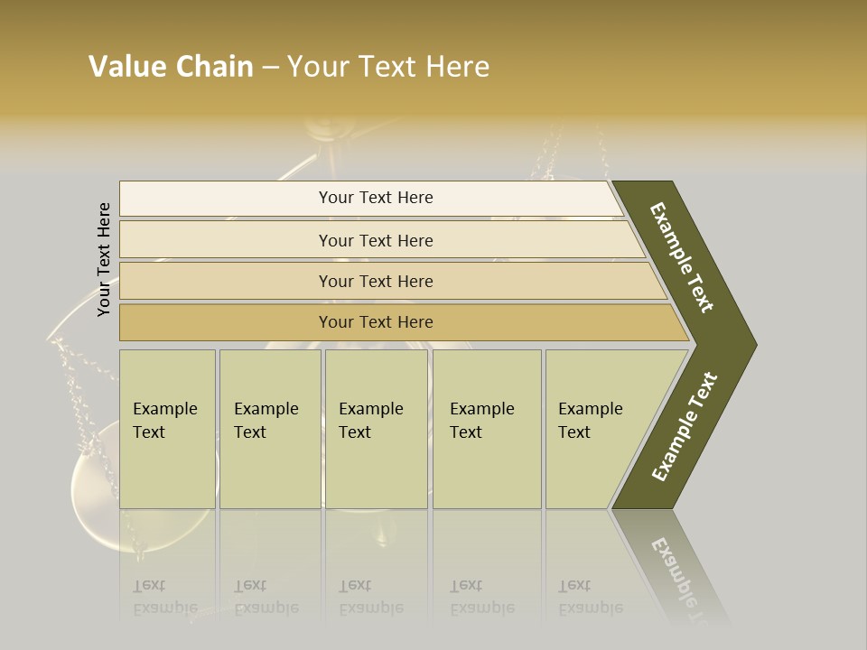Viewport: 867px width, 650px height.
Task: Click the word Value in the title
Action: click(126, 67)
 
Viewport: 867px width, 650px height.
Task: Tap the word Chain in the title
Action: click(215, 67)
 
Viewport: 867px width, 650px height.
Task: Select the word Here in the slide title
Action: click(458, 67)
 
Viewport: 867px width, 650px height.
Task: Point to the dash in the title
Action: click(270, 68)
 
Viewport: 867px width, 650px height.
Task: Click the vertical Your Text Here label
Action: click(104, 259)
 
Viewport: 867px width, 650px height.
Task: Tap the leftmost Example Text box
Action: click(167, 429)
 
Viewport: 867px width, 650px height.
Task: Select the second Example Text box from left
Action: click(269, 429)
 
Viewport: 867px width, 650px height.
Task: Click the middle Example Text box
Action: click(376, 429)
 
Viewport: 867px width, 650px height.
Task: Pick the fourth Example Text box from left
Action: click(486, 429)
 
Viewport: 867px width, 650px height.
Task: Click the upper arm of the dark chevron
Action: click(682, 257)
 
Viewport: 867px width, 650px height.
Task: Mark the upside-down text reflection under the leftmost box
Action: click(165, 597)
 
